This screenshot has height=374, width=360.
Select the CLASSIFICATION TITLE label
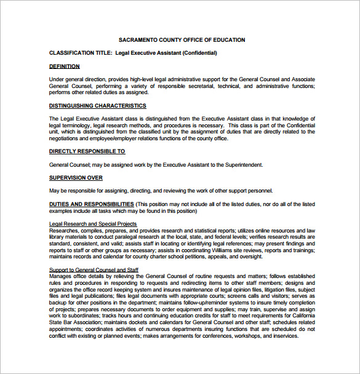tap(80, 53)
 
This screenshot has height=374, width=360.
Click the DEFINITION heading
tap(64, 66)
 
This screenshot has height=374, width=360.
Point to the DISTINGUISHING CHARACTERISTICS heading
tap(97, 106)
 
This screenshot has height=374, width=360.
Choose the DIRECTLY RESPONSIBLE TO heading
tap(87, 151)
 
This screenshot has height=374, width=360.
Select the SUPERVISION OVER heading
tap(75, 178)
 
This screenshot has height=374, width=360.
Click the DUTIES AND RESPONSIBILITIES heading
tap(91, 204)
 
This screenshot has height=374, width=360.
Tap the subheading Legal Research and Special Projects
tap(92, 224)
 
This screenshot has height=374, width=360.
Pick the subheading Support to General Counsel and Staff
tap(94, 270)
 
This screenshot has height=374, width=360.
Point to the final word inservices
tap(284, 336)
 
